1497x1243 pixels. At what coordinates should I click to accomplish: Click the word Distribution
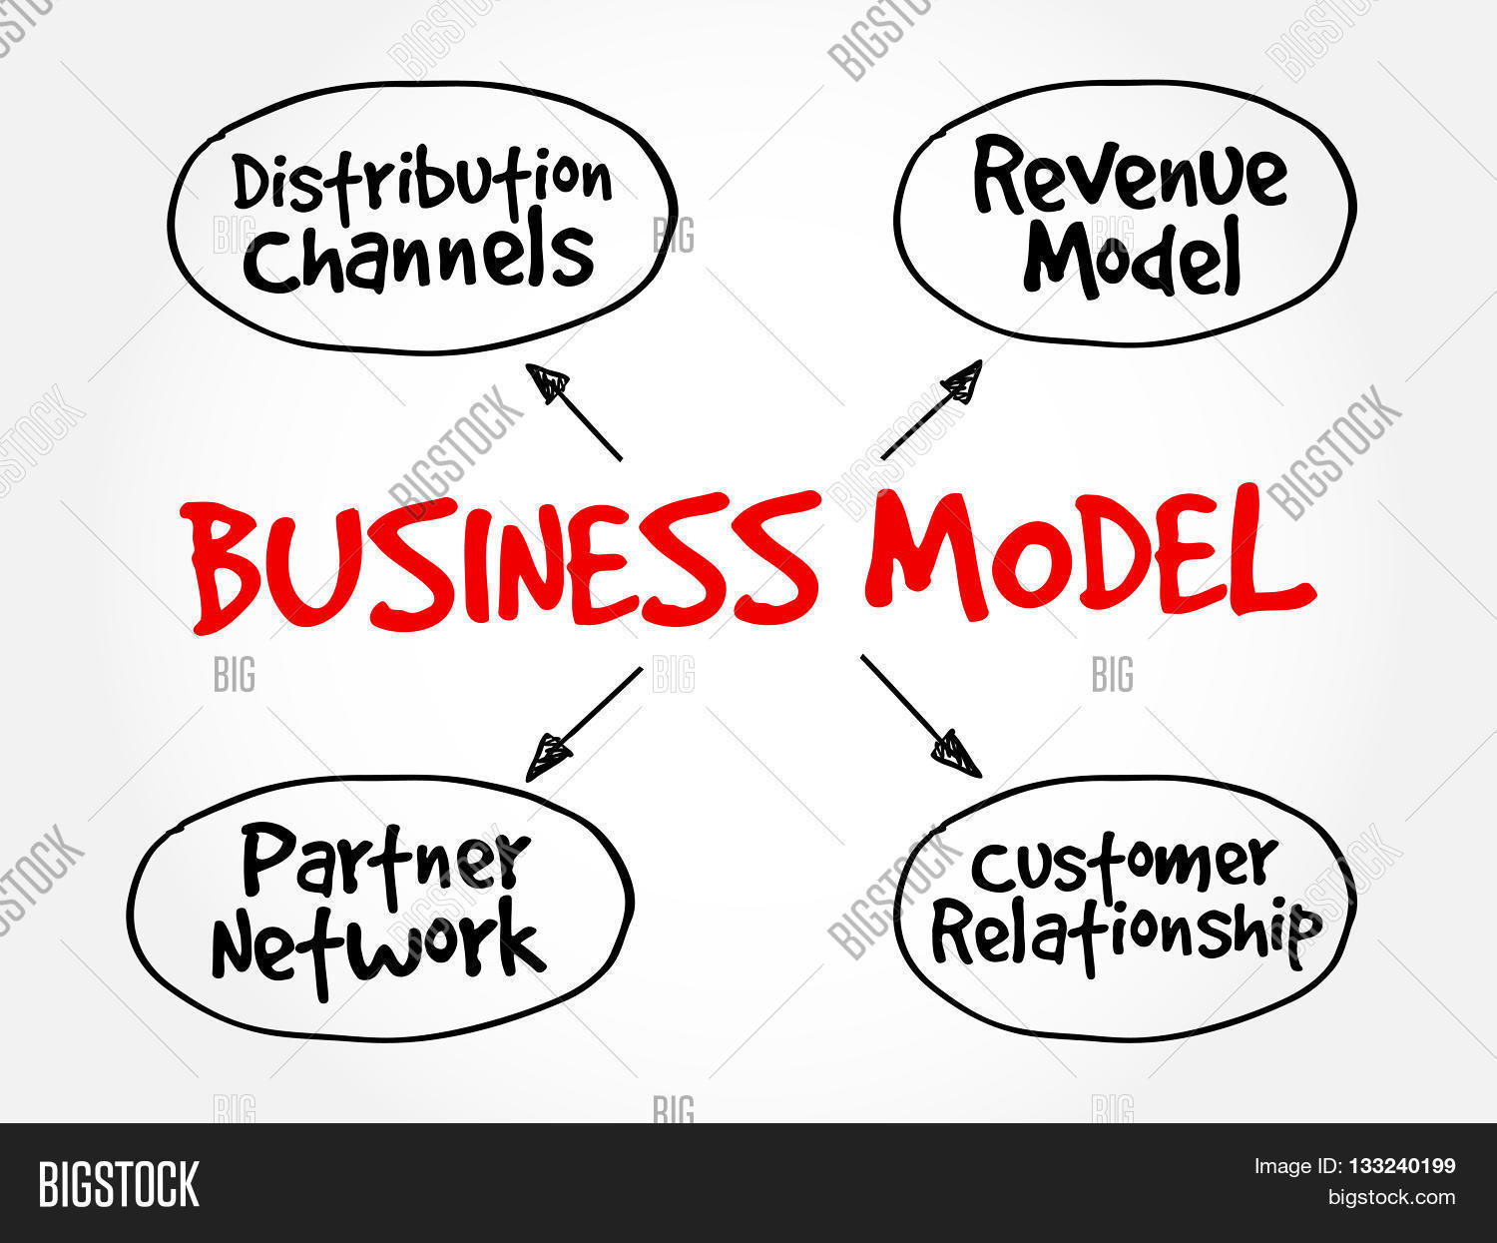coord(421,183)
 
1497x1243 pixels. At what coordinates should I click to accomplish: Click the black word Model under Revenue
coord(1132,258)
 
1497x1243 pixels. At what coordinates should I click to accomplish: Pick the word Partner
coord(384,861)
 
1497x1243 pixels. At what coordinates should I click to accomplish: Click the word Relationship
coord(1126,933)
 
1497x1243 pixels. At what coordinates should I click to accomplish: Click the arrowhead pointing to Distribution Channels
coord(547,382)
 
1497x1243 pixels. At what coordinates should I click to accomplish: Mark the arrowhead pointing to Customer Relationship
coord(958,754)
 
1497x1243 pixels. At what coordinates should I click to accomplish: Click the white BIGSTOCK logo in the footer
coord(119,1184)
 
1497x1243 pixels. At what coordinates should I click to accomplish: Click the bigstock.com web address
coord(1390,1197)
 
